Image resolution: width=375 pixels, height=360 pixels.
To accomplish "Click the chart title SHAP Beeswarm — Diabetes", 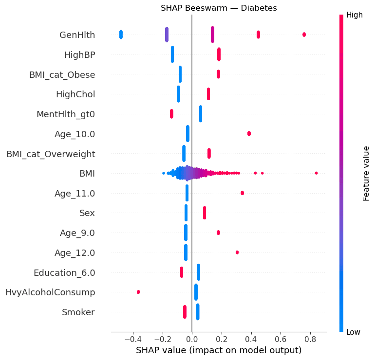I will pyautogui.click(x=219, y=8).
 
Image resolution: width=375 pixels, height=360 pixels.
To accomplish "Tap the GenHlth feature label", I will pyautogui.click(x=77, y=35).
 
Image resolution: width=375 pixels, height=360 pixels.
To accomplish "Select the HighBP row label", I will pyautogui.click(x=79, y=54).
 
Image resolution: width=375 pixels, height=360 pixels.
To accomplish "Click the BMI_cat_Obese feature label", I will pyautogui.click(x=62, y=74).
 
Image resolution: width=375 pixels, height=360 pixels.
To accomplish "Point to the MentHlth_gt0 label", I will pyautogui.click(x=66, y=114).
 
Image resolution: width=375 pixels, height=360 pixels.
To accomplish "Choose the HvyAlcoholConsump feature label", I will pyautogui.click(x=50, y=292).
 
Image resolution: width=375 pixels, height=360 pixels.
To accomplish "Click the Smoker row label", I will pyautogui.click(x=78, y=312).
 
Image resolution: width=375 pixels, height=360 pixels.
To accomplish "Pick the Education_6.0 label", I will pyautogui.click(x=64, y=272).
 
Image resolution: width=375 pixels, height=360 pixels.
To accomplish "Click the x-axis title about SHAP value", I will pyautogui.click(x=219, y=350).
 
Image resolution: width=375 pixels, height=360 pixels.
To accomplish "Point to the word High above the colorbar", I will pyautogui.click(x=354, y=15).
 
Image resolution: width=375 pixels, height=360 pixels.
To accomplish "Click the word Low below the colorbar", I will pyautogui.click(x=353, y=332).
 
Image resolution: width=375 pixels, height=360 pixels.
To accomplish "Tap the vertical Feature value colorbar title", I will pyautogui.click(x=366, y=173).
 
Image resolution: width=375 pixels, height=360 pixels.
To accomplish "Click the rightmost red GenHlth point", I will pyautogui.click(x=304, y=35).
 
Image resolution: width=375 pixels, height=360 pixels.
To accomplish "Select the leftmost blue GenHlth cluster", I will pyautogui.click(x=121, y=35).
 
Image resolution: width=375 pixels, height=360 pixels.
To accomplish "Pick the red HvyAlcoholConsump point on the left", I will pyautogui.click(x=138, y=292).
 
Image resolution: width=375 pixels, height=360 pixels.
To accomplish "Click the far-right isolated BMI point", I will pyautogui.click(x=316, y=173).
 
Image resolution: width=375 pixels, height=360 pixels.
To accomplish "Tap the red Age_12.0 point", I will pyautogui.click(x=237, y=252).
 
